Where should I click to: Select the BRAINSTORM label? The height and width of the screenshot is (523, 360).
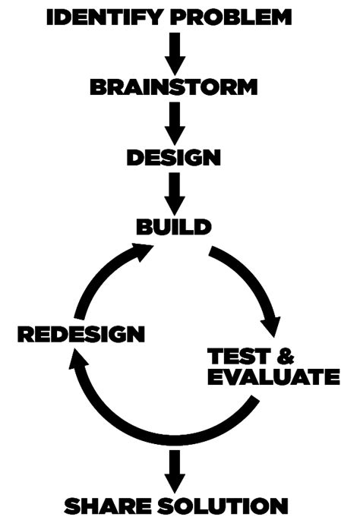pyautogui.click(x=174, y=87)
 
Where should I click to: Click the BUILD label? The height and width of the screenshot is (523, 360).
pyautogui.click(x=173, y=226)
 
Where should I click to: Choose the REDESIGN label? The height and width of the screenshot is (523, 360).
pyautogui.click(x=81, y=333)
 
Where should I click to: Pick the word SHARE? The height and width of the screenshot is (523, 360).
pyautogui.click(x=106, y=504)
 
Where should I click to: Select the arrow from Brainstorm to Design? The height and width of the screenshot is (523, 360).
pyautogui.click(x=175, y=121)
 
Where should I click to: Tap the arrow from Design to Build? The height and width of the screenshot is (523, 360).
pyautogui.click(x=175, y=191)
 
